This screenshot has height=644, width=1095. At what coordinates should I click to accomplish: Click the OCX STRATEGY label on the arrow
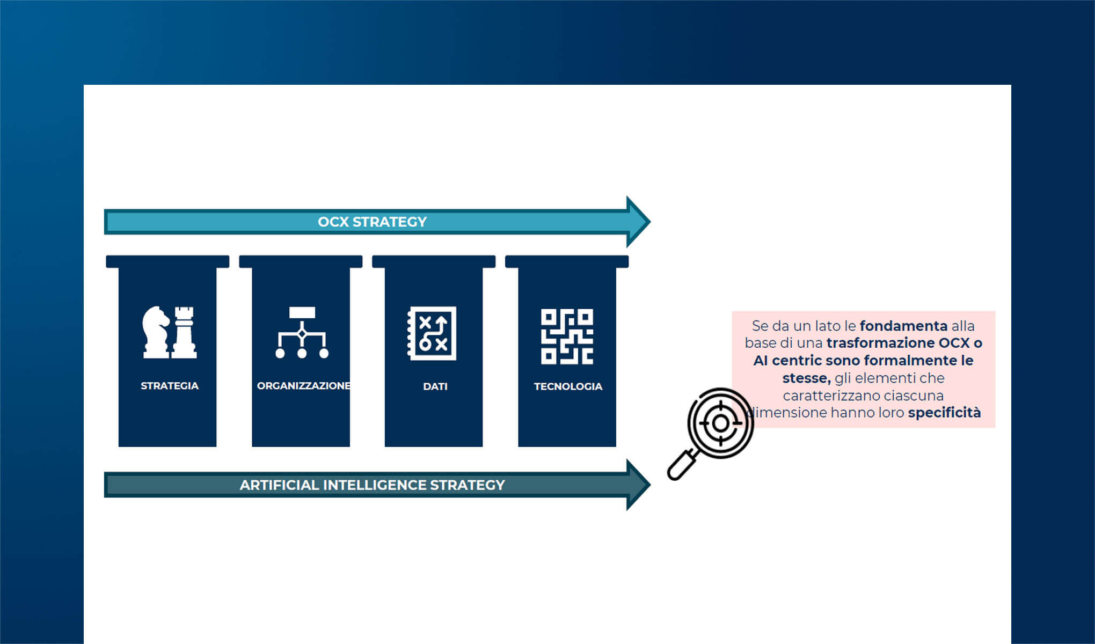pyautogui.click(x=372, y=222)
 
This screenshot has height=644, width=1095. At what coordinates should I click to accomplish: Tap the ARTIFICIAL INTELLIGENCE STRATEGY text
pyautogui.click(x=372, y=485)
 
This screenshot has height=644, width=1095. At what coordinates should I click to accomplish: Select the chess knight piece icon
pyautogui.click(x=156, y=332)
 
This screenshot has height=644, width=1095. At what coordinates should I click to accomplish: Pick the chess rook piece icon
pyautogui.click(x=185, y=332)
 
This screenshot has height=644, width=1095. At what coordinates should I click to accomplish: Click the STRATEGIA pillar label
pyautogui.click(x=170, y=386)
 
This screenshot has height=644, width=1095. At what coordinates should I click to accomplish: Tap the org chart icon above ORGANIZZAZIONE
pyautogui.click(x=302, y=333)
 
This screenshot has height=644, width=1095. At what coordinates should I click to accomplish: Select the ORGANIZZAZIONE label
pyautogui.click(x=303, y=386)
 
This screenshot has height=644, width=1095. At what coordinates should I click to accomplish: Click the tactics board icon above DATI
pyautogui.click(x=432, y=333)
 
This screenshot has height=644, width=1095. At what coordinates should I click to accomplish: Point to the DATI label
pyautogui.click(x=435, y=386)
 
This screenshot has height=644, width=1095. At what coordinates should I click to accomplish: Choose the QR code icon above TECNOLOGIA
pyautogui.click(x=567, y=336)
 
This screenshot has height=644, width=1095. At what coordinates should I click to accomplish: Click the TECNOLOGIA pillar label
pyautogui.click(x=568, y=386)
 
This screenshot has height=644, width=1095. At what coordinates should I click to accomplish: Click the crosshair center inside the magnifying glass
pyautogui.click(x=720, y=423)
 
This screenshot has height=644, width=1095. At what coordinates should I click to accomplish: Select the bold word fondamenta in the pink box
pyautogui.click(x=903, y=326)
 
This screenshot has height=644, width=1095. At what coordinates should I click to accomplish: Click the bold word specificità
pyautogui.click(x=944, y=413)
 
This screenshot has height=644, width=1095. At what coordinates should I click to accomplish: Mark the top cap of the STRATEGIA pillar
pyautogui.click(x=167, y=261)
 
